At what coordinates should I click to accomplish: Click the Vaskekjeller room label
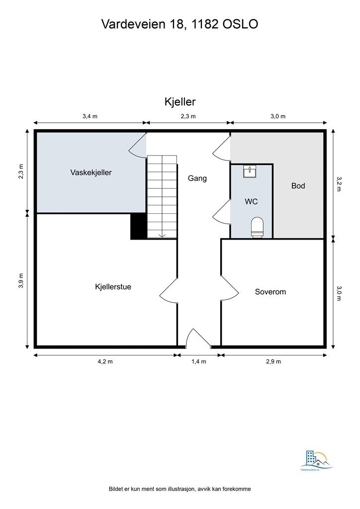(x=90, y=172)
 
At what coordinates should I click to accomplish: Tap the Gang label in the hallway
(x=197, y=178)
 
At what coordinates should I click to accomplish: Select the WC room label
(x=251, y=202)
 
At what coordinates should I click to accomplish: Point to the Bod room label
(x=298, y=186)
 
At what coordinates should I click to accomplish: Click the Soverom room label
(x=270, y=292)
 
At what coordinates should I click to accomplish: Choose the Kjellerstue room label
(x=113, y=287)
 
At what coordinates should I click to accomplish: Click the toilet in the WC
(x=257, y=227)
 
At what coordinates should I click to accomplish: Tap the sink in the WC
(x=250, y=171)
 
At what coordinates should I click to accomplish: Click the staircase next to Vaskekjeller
(x=162, y=197)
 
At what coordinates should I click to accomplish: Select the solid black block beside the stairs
(x=138, y=226)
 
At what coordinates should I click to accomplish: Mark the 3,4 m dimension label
(x=90, y=116)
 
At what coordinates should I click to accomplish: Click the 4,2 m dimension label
(x=105, y=361)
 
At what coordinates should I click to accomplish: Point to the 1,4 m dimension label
(x=198, y=361)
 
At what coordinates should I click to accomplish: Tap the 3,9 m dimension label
(x=20, y=280)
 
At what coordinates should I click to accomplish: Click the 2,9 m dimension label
(x=273, y=361)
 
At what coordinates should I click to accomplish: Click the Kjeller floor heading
(x=180, y=102)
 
